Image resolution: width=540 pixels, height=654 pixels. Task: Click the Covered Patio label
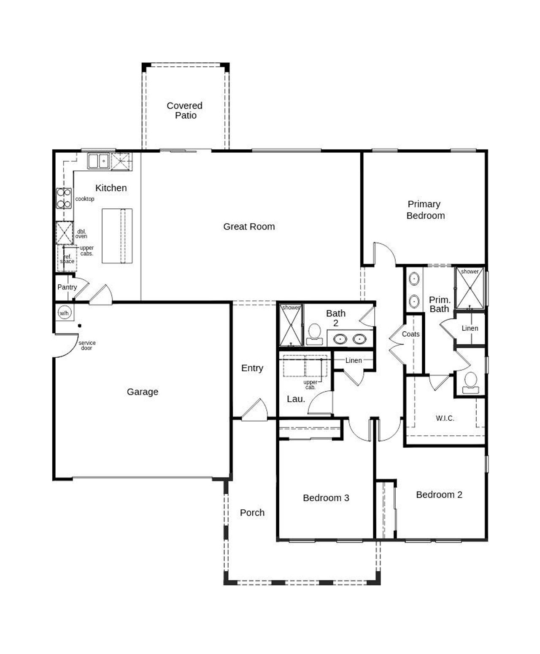tap(185, 111)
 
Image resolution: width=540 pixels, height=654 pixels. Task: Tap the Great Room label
tap(249, 227)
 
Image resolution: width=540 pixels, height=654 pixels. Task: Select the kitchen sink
tap(98, 161)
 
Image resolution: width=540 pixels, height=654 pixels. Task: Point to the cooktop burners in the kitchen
tap(64, 198)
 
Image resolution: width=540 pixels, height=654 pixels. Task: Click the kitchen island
tap(117, 236)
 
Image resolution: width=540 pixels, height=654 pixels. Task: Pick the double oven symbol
tap(65, 232)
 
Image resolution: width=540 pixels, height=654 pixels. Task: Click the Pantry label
tap(67, 287)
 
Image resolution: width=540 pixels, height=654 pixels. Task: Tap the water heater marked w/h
tap(64, 313)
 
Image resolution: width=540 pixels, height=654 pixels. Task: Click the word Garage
tap(143, 392)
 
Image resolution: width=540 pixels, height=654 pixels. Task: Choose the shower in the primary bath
tap(470, 288)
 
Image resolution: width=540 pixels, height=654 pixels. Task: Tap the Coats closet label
tap(410, 334)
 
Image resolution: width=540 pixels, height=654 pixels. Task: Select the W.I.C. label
tap(445, 418)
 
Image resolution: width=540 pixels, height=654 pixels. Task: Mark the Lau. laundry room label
tap(296, 399)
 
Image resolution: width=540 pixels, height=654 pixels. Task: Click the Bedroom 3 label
tap(326, 498)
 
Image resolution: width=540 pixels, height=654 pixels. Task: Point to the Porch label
tap(252, 513)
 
